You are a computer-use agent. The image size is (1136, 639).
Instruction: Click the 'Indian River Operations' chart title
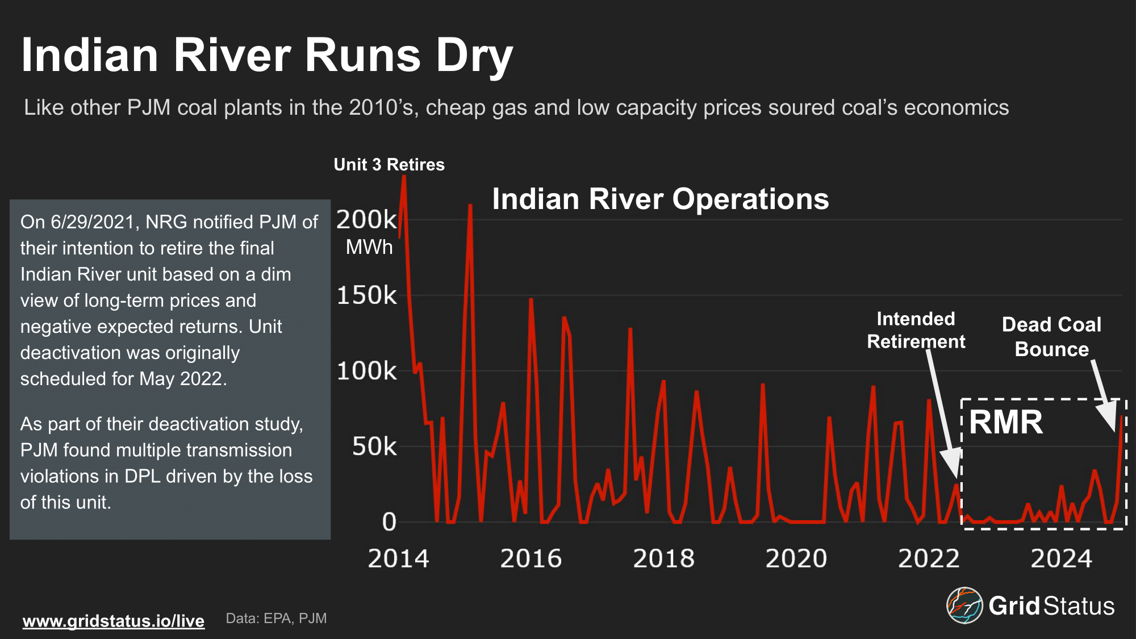(660, 199)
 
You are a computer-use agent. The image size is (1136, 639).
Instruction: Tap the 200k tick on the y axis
(366, 220)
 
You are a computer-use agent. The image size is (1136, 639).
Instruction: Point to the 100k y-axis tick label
(366, 371)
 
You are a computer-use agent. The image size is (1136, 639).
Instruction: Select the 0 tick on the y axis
(389, 522)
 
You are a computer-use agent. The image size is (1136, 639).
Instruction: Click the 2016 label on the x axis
(531, 559)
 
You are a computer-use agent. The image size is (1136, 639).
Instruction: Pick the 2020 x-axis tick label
(796, 559)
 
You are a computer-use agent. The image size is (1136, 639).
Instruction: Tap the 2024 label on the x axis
(1061, 559)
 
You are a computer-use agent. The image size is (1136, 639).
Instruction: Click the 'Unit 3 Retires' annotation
(389, 165)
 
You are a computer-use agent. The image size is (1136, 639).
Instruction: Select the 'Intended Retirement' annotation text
(916, 330)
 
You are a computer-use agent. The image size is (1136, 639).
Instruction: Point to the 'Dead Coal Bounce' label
(1051, 337)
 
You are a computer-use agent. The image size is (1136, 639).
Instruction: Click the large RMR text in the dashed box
(1006, 422)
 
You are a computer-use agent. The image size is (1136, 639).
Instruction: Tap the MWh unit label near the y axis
(369, 247)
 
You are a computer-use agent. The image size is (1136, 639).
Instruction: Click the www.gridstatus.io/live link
(114, 621)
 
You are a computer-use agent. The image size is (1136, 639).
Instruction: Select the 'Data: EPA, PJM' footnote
(276, 619)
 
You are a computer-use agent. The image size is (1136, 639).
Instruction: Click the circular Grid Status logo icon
(964, 605)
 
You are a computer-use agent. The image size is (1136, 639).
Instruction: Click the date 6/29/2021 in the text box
(93, 222)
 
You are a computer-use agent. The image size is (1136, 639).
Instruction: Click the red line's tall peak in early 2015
(470, 207)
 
